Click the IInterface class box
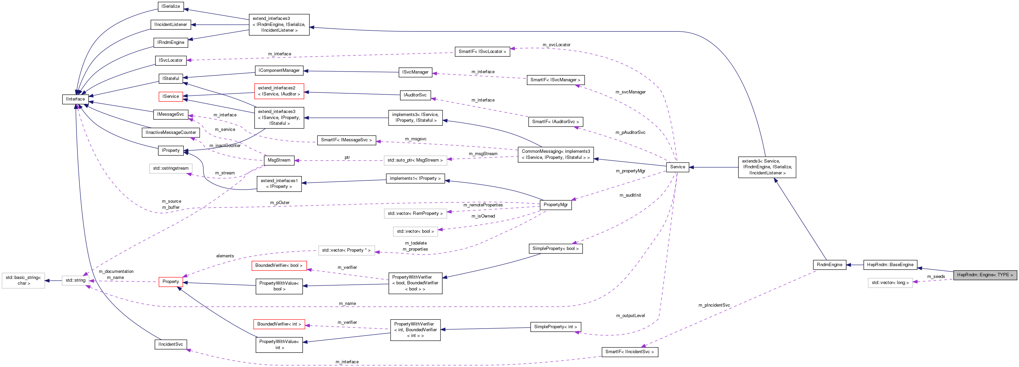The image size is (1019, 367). tap(75, 99)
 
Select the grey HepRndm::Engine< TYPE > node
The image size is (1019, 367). tap(985, 275)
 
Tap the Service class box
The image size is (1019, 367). tap(677, 167)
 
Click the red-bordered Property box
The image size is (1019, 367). tap(170, 282)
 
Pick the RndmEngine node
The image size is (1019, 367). tap(829, 264)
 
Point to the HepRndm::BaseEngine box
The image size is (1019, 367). tap(890, 264)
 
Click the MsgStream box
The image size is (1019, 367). tap(279, 160)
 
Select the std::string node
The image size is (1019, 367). tap(75, 280)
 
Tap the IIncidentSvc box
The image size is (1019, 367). tap(170, 344)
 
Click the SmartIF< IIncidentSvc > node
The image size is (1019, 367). tap(629, 351)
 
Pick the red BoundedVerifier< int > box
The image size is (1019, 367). tap(279, 324)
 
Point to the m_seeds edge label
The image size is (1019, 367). tap(936, 277)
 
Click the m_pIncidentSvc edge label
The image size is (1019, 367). tap(714, 305)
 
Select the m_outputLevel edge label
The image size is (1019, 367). tap(630, 316)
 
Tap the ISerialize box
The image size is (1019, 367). tap(170, 6)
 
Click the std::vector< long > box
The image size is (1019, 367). tap(890, 283)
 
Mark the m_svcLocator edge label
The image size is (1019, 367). tap(556, 45)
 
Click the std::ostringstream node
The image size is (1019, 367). tap(170, 168)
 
